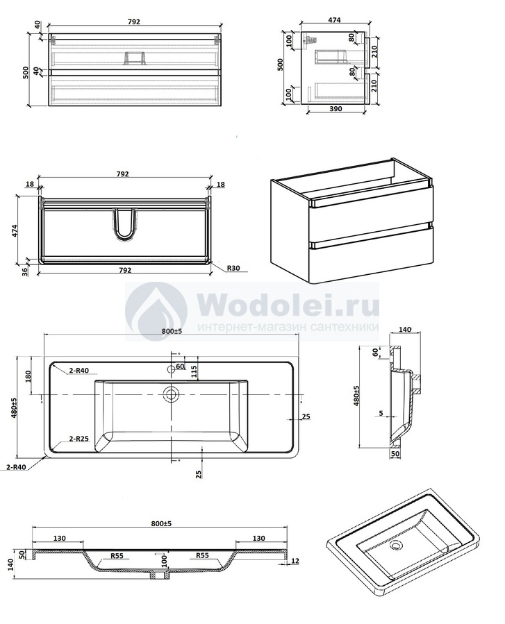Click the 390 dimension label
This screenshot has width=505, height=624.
point(336,108)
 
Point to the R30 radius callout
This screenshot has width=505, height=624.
point(233,268)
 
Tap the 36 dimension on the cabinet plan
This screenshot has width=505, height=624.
point(25,272)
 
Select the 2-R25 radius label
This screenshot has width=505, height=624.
point(79,439)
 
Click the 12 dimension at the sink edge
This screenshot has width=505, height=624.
point(295,561)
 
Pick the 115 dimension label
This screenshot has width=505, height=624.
point(194,373)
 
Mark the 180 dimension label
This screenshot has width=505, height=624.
point(28,376)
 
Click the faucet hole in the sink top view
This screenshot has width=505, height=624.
point(172,369)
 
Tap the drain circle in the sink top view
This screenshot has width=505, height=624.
point(172,394)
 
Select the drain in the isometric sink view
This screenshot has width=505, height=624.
point(396,545)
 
